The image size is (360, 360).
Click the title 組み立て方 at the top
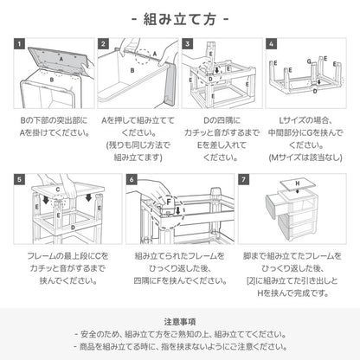pos(179,17)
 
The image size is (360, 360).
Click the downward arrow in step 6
pos(177,211)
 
